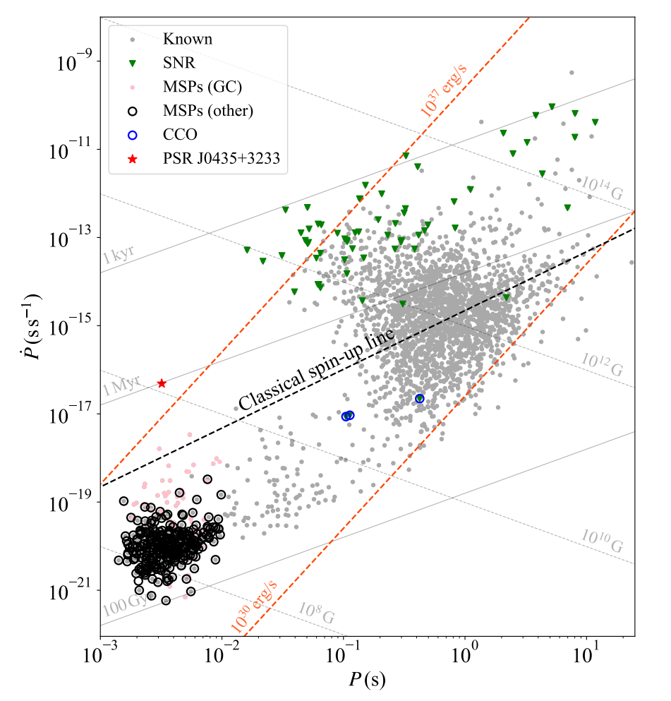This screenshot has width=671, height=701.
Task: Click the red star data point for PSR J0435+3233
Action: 162,383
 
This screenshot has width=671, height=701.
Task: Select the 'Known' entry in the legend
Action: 187,39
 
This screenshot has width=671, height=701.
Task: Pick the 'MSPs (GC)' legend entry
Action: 200,87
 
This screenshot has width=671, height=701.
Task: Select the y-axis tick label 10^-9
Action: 73,61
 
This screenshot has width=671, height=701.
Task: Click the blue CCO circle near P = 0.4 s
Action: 420,399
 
